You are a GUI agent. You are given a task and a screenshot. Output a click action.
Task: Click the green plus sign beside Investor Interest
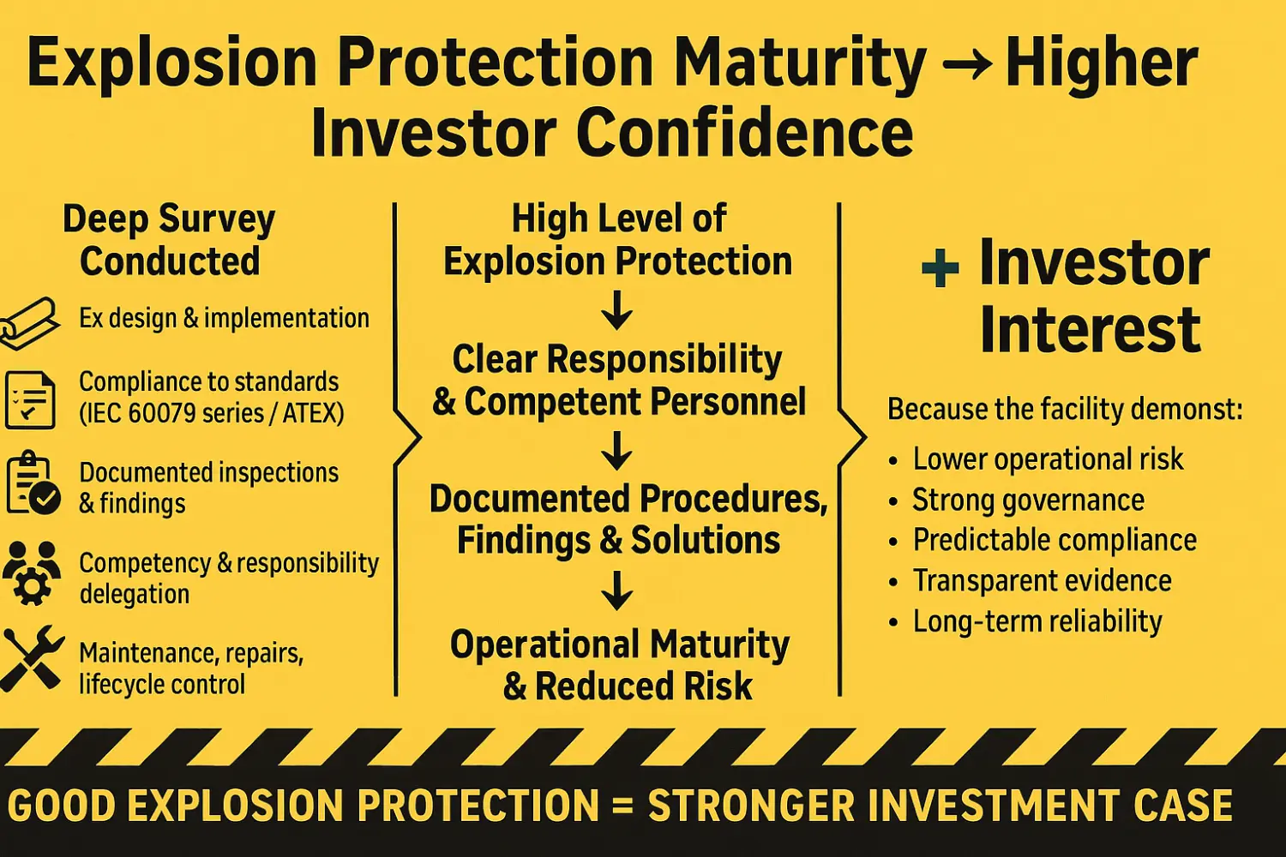(940, 268)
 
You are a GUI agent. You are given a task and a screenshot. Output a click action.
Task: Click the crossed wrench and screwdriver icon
(33, 658)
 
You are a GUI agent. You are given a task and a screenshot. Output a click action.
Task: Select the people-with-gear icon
(32, 572)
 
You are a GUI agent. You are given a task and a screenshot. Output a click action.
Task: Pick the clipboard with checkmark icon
(33, 483)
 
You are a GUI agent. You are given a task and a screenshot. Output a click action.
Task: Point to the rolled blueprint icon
(30, 323)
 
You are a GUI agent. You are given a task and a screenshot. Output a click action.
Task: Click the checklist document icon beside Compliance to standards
(30, 399)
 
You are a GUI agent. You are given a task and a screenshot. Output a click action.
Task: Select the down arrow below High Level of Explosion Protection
(616, 309)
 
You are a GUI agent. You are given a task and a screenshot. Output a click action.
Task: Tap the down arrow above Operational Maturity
(616, 590)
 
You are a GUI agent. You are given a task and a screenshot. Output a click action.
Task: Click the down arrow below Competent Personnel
(616, 450)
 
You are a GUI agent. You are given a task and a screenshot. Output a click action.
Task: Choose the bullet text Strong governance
(1028, 500)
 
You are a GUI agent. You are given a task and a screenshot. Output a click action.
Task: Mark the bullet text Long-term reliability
(1037, 621)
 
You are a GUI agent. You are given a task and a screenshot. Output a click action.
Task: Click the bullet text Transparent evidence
(1042, 581)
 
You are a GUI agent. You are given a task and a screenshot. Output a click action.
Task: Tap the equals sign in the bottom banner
(622, 806)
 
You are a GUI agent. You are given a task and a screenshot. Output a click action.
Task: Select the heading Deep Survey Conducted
(169, 240)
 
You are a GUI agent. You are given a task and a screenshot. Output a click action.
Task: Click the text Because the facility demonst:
(1064, 409)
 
